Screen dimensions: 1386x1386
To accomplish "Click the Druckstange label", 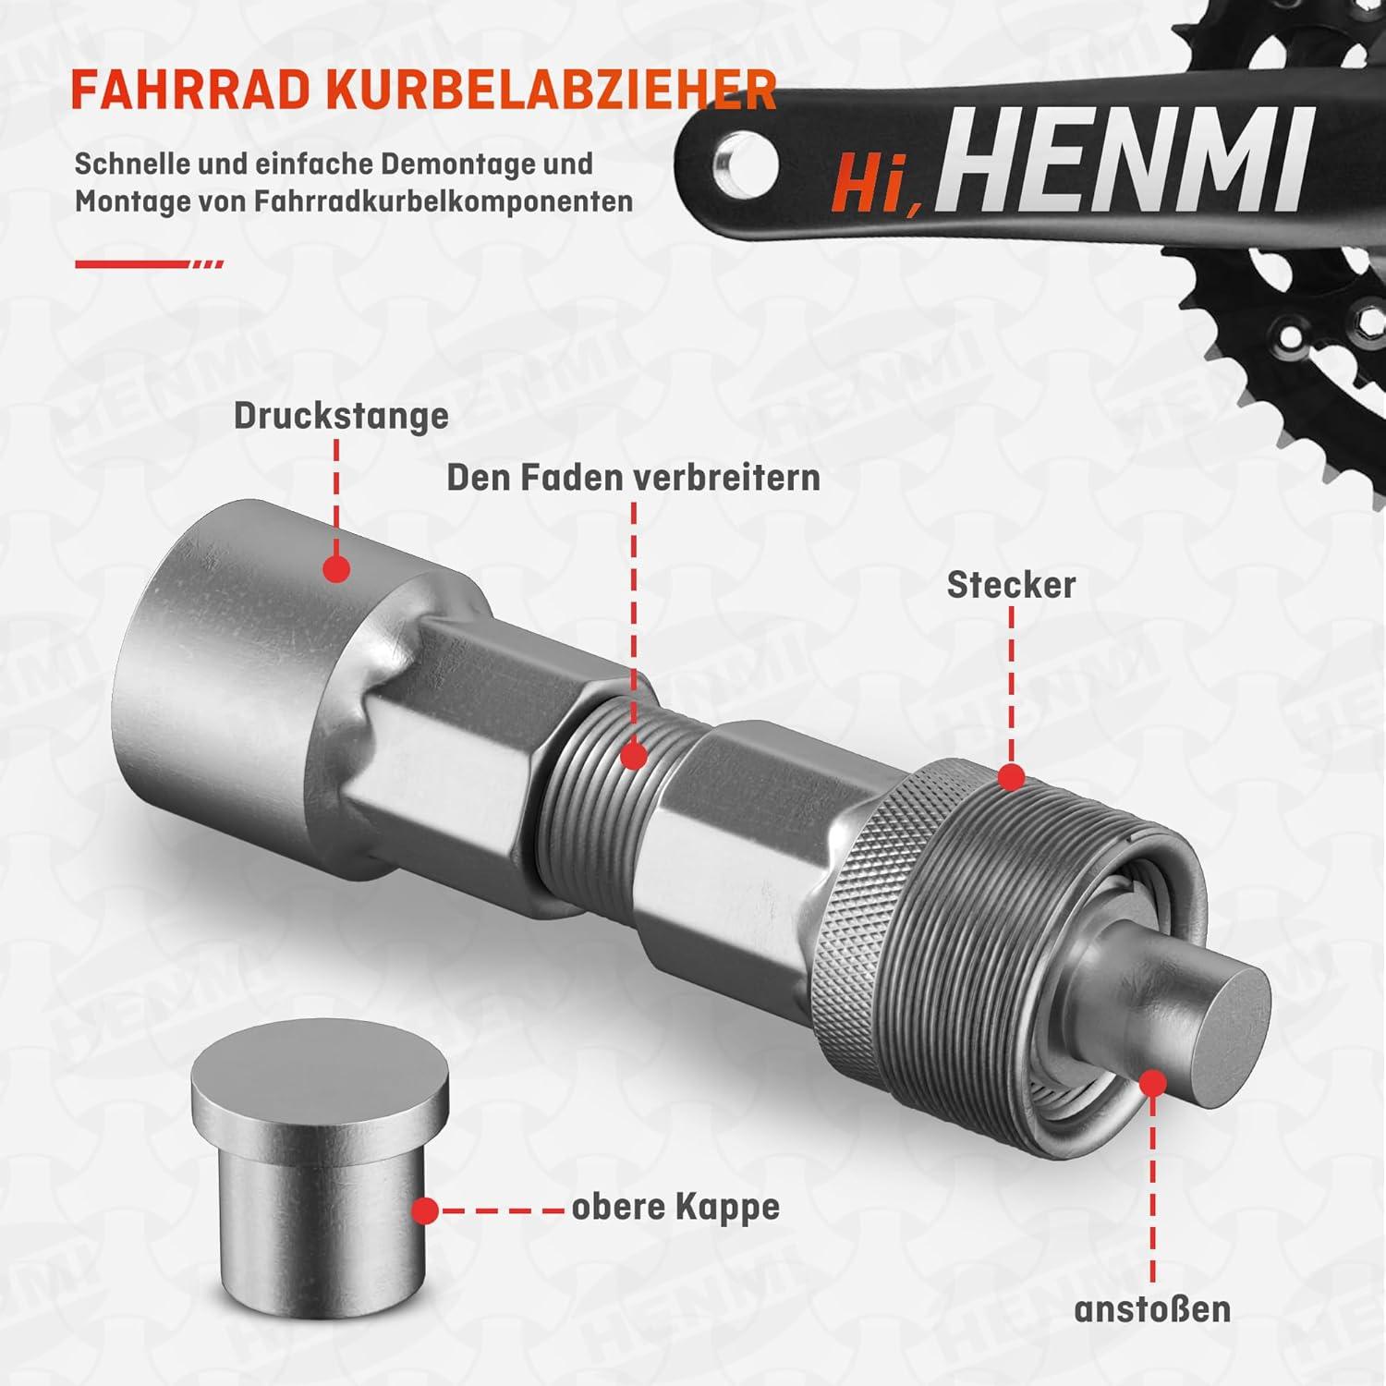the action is coord(341,416).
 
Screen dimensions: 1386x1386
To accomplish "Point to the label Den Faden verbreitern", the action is coord(634,478).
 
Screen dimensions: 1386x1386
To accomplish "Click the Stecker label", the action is coord(1011,585).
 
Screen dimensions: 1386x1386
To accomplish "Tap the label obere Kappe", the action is coord(675,1209).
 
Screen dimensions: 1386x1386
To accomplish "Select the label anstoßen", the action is coord(1152,1309).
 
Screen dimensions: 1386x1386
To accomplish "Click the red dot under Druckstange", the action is coord(336,568).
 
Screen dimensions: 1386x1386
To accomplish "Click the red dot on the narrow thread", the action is coord(633,757).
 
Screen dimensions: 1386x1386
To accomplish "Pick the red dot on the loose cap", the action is coord(425,1210).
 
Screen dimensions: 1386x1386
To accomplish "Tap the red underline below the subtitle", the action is coord(149,264).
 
